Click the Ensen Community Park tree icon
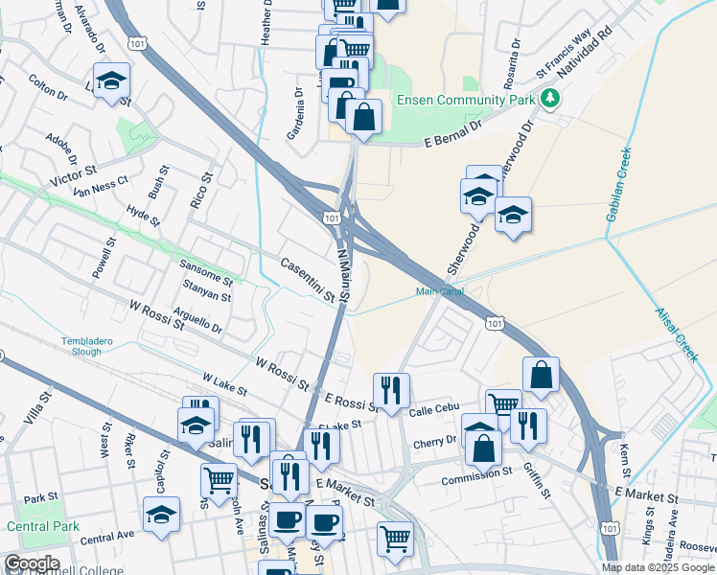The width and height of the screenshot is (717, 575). coord(549,98)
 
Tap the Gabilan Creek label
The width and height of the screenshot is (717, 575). coord(618,184)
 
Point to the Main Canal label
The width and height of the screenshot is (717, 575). coord(439,291)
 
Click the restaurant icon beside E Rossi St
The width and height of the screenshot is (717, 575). coord(391,390)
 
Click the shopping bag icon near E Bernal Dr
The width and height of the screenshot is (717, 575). coord(363,117)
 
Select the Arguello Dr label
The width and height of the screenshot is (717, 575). coord(198,320)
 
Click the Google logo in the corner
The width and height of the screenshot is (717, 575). coord(31,563)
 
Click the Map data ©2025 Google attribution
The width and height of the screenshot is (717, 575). coord(657,567)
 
